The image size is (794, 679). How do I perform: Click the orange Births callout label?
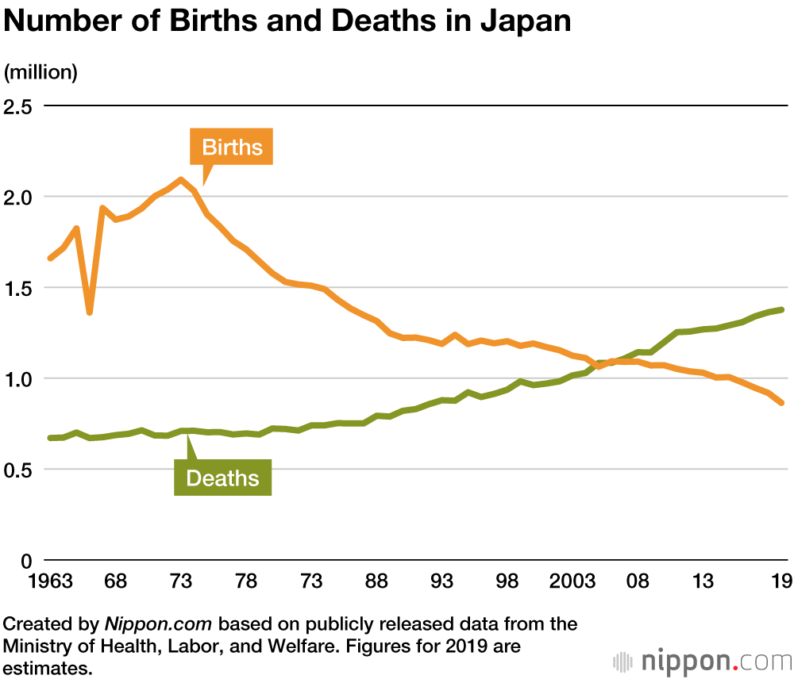[232, 147]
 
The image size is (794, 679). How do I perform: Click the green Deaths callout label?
[222, 478]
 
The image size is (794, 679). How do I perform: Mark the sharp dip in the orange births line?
[90, 312]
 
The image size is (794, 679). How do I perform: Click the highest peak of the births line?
[181, 180]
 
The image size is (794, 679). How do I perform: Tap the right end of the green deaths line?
[782, 309]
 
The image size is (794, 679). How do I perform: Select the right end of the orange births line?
[782, 403]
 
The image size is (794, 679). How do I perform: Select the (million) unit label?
[40, 72]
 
